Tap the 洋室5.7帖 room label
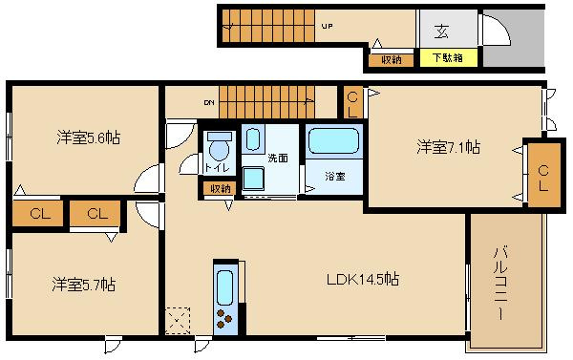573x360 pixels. [x=84, y=285]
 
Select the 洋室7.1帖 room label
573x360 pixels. [x=447, y=147]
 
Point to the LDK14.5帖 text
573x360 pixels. [x=363, y=280]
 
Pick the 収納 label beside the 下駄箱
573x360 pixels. [x=391, y=59]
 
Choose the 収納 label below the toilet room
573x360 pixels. [x=221, y=188]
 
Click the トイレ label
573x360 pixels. [x=216, y=169]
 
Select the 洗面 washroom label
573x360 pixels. [x=278, y=158]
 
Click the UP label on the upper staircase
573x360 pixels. [x=328, y=27]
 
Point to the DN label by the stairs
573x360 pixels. [x=209, y=98]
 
